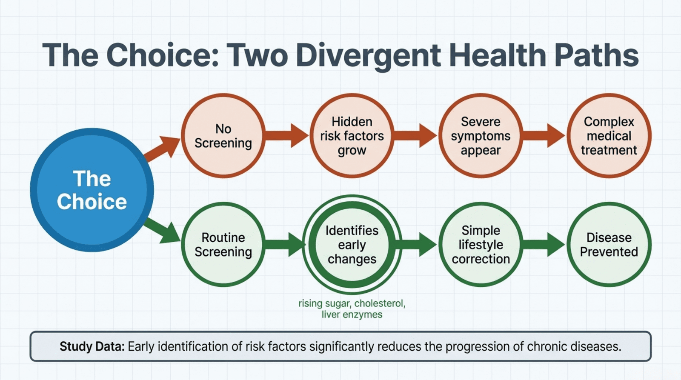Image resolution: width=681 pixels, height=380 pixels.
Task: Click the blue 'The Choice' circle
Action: coord(92,190)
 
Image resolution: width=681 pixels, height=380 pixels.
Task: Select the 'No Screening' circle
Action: coord(223,136)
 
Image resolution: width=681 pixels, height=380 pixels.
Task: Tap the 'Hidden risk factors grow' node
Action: coord(352,136)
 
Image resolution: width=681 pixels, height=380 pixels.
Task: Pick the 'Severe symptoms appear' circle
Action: coord(481,136)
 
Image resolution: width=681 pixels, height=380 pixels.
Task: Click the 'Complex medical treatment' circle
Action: coord(609,136)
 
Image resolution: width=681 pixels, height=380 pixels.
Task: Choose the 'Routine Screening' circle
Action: coord(223,244)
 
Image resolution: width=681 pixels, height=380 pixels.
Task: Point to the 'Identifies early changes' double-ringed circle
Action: coord(352,244)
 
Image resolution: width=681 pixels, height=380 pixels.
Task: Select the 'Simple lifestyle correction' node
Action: coord(481,244)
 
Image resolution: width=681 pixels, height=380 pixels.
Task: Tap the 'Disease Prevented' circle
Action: coord(609,244)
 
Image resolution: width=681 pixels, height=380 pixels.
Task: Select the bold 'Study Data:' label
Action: coord(92,346)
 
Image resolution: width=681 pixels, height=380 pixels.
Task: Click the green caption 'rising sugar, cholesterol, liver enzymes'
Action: coord(352,309)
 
